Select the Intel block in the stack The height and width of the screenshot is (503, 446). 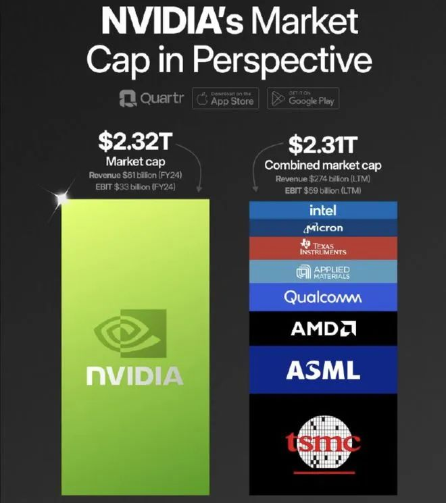tap(323, 210)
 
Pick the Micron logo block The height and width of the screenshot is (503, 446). tap(323, 228)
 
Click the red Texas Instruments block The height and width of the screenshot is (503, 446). tap(323, 247)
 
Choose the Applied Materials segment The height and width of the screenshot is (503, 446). tap(323, 272)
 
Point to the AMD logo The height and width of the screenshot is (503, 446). tap(323, 329)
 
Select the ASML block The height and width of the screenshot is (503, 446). tap(323, 369)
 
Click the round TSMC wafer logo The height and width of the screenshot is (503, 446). tap(323, 442)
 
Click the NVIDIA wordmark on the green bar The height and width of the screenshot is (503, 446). tap(134, 376)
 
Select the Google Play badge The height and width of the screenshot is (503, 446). tap(301, 99)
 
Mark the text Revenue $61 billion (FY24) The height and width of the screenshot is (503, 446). tap(139, 176)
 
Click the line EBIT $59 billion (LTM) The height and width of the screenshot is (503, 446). tap(322, 190)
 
